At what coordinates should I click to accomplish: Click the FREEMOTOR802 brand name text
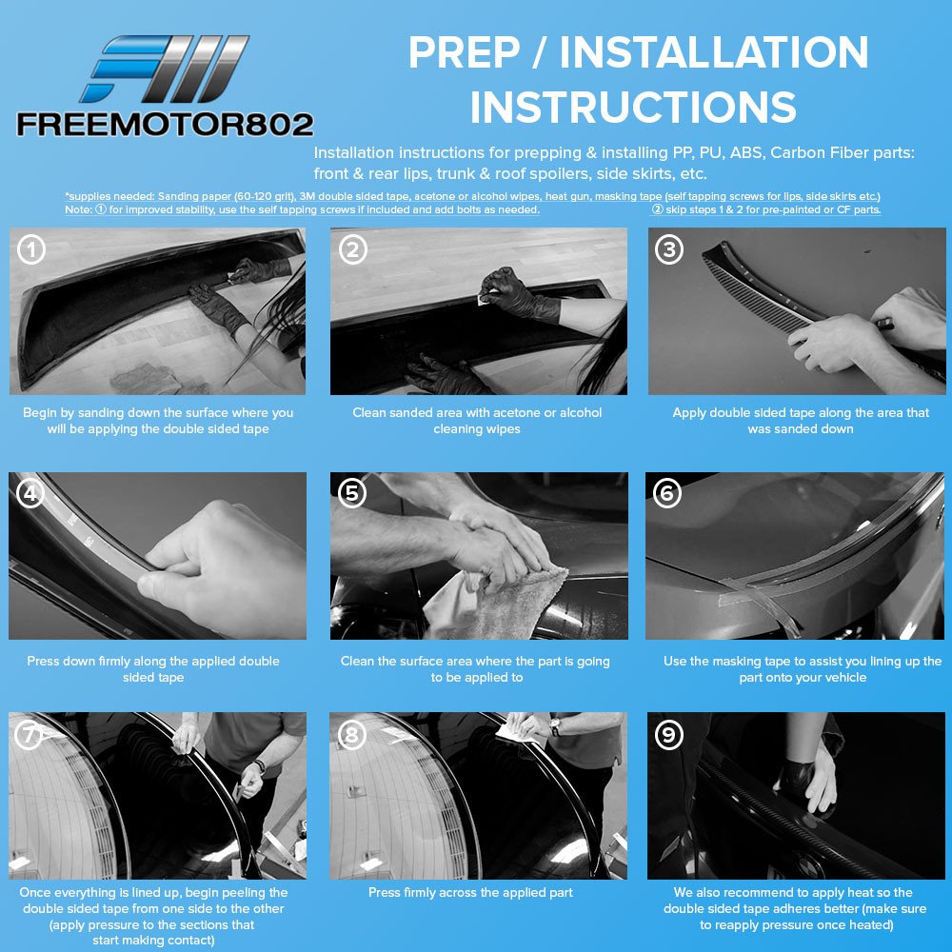coord(165,125)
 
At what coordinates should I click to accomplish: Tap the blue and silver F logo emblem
coord(164,69)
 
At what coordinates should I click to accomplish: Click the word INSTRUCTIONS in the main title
coord(633,107)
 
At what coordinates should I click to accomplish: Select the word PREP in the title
coord(465,52)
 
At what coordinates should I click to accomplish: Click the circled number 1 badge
coord(31,249)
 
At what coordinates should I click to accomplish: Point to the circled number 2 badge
coord(353,249)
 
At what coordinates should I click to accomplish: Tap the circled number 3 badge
coord(669,249)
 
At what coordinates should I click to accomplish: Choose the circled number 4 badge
coord(30,493)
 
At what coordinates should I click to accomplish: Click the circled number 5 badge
coord(352,493)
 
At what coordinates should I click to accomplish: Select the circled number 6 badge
coord(667,493)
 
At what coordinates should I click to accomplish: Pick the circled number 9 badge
coord(669,735)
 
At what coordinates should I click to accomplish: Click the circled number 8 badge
coord(351,735)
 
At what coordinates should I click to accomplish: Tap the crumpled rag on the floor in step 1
coord(149,379)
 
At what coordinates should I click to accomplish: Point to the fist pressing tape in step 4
coord(222,567)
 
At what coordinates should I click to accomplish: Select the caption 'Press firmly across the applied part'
coord(470,893)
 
